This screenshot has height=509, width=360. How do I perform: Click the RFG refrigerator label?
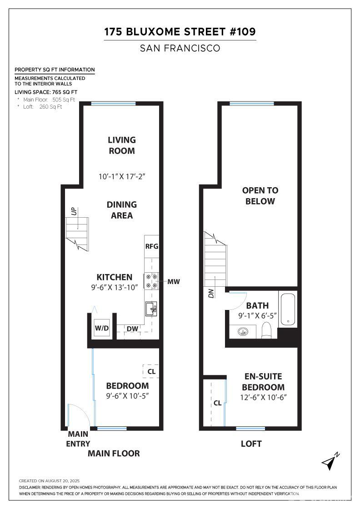(x=151, y=246)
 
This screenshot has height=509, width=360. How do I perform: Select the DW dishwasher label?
(x=132, y=329)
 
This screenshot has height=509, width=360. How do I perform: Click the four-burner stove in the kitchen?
(x=151, y=281)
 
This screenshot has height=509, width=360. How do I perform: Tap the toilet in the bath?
(x=267, y=330)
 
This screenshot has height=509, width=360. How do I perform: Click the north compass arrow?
(x=330, y=461)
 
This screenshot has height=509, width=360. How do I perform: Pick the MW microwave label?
(x=174, y=282)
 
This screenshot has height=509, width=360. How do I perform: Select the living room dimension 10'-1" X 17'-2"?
(x=122, y=176)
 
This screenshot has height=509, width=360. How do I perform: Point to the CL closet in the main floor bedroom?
(x=151, y=371)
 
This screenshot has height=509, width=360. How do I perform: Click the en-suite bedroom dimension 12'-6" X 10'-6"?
(x=263, y=397)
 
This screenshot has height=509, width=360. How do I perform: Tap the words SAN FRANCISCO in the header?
(x=180, y=48)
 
